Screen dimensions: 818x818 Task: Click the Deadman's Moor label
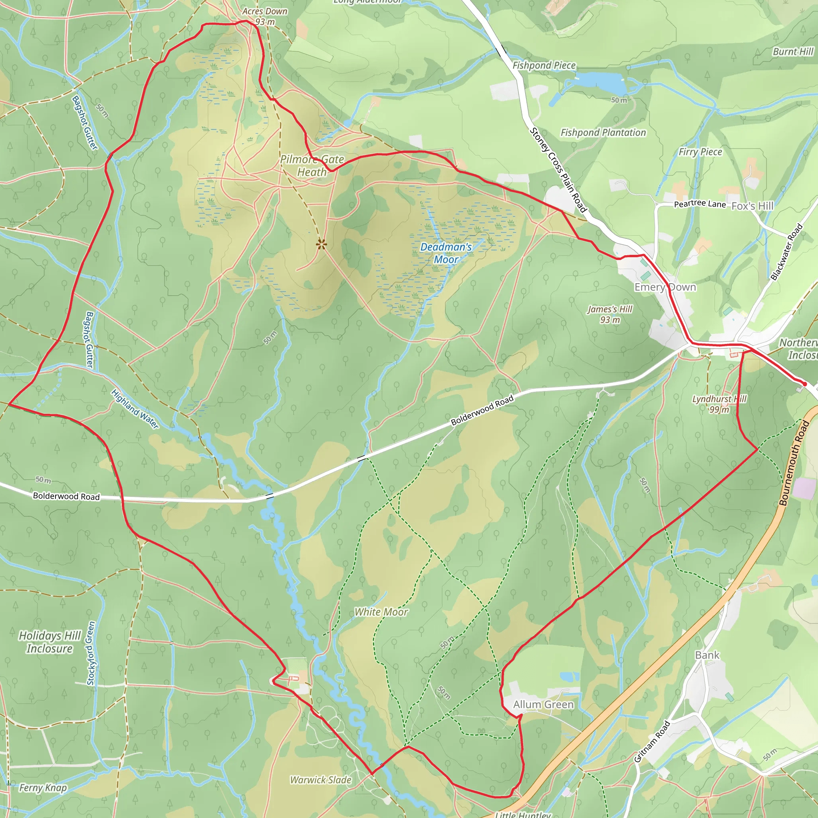(446, 253)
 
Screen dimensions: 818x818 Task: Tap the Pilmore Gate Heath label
(312, 165)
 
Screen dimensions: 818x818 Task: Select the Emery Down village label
(665, 287)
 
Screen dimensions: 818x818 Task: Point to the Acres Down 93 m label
(265, 16)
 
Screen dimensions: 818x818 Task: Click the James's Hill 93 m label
(610, 315)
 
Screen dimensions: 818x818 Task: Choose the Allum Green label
(543, 705)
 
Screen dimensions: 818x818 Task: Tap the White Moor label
(381, 612)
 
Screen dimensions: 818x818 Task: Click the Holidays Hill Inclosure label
(50, 642)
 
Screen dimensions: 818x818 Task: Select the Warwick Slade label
(320, 780)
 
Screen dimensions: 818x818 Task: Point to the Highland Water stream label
(135, 409)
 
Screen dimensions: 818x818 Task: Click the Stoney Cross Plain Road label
(558, 170)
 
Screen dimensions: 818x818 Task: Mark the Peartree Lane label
(699, 204)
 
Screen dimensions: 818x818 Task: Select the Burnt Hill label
(792, 52)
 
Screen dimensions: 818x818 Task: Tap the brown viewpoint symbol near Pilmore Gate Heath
(322, 244)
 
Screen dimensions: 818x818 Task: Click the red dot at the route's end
(804, 384)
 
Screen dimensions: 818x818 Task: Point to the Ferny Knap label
(43, 788)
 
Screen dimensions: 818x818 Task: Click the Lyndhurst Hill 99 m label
(719, 404)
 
